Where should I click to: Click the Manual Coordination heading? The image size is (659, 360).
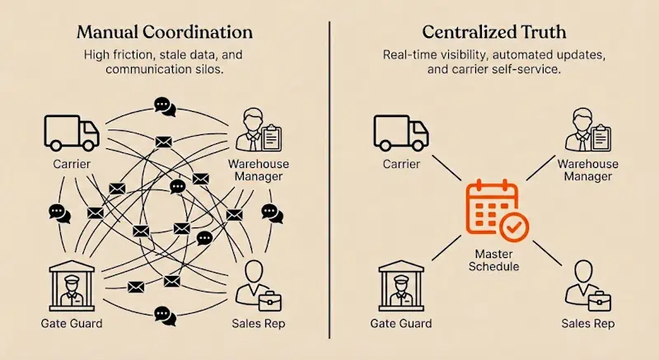[x=165, y=33]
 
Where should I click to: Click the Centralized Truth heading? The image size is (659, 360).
[x=493, y=33]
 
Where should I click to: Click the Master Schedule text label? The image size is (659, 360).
[x=492, y=261]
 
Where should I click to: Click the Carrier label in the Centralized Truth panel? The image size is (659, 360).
[x=401, y=163]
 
